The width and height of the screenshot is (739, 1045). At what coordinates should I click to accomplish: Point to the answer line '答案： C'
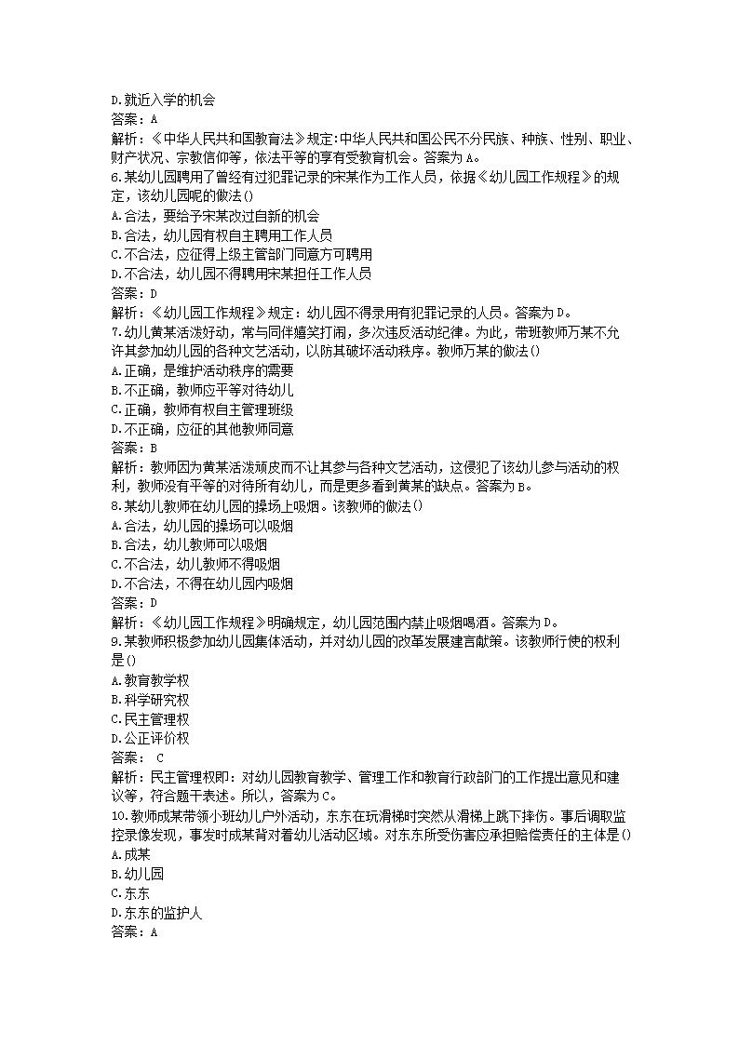137,758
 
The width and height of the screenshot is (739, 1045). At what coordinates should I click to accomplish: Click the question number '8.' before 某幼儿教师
116,506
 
